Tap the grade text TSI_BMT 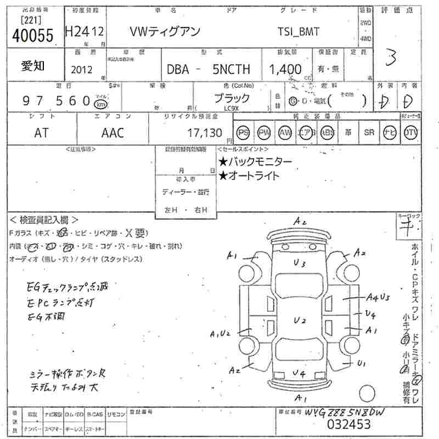point(299,32)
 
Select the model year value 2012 point(82,69)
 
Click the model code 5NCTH point(231,70)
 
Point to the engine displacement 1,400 point(285,69)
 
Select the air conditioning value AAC point(112,132)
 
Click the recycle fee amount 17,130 point(204,132)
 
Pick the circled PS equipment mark point(243,133)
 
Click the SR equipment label point(369,133)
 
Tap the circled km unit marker point(100,104)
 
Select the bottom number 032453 point(348,424)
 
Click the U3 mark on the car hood point(299,263)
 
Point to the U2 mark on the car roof point(299,320)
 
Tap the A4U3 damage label point(378,297)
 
